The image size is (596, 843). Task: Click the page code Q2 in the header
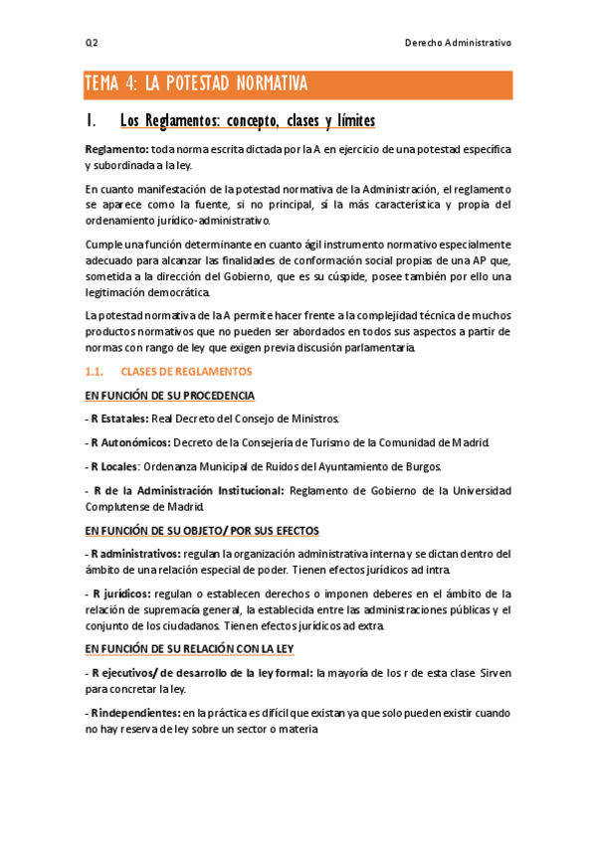(x=91, y=43)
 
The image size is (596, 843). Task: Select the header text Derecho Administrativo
(x=458, y=43)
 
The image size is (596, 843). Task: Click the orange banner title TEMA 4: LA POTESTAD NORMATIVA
(x=196, y=84)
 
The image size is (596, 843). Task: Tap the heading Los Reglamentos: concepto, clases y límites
(x=247, y=121)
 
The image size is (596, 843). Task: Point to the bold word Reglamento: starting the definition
(x=116, y=149)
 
